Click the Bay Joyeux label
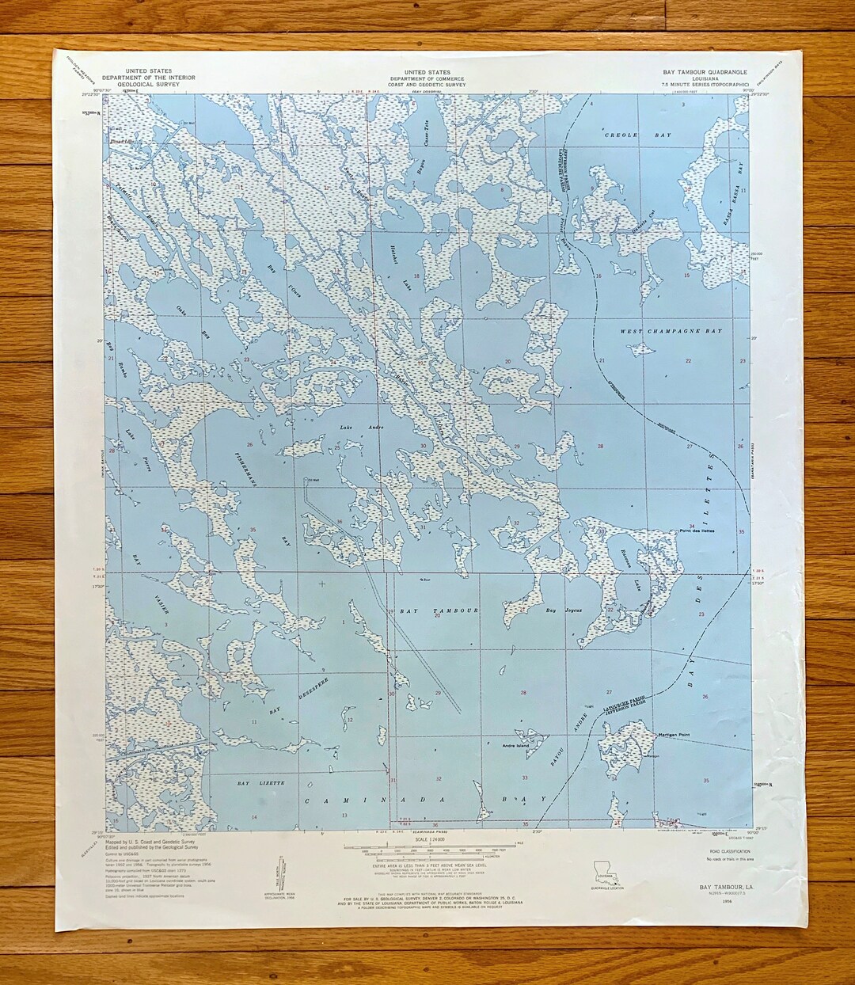(557, 610)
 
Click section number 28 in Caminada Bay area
(522, 693)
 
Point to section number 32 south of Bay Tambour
(438, 779)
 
